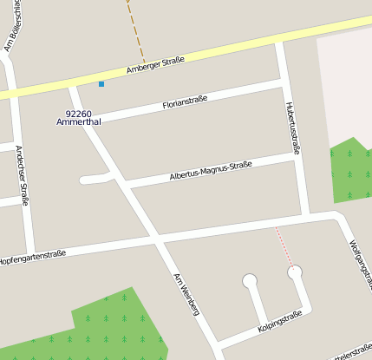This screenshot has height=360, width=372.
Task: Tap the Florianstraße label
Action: (185, 103)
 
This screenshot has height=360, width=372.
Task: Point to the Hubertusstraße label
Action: (291, 128)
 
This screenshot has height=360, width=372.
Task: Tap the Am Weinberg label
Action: (187, 294)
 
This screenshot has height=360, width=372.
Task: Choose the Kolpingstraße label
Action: (279, 321)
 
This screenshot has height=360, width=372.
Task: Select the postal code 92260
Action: (79, 114)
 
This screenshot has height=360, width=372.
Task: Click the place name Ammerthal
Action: (79, 123)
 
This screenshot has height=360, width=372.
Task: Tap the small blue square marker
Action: (101, 84)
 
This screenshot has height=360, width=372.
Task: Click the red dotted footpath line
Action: (285, 246)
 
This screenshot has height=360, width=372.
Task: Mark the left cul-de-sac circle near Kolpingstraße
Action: (250, 281)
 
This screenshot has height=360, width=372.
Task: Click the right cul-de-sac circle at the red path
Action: (296, 272)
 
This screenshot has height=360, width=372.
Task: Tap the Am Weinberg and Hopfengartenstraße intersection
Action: (156, 237)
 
